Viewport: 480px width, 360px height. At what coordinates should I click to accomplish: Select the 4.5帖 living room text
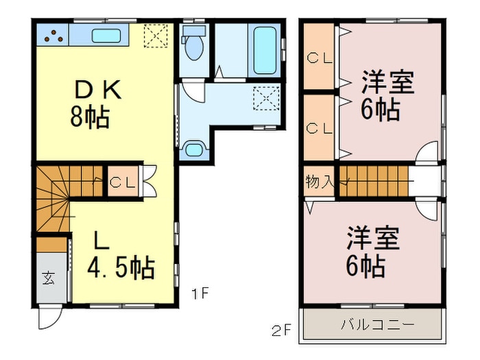[121, 267]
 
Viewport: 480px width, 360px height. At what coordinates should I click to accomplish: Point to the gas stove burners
[52, 34]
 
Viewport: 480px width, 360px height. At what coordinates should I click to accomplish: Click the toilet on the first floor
[194, 44]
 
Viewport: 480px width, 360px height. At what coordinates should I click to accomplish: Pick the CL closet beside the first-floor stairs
[123, 182]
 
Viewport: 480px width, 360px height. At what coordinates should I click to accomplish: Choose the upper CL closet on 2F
[319, 58]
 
